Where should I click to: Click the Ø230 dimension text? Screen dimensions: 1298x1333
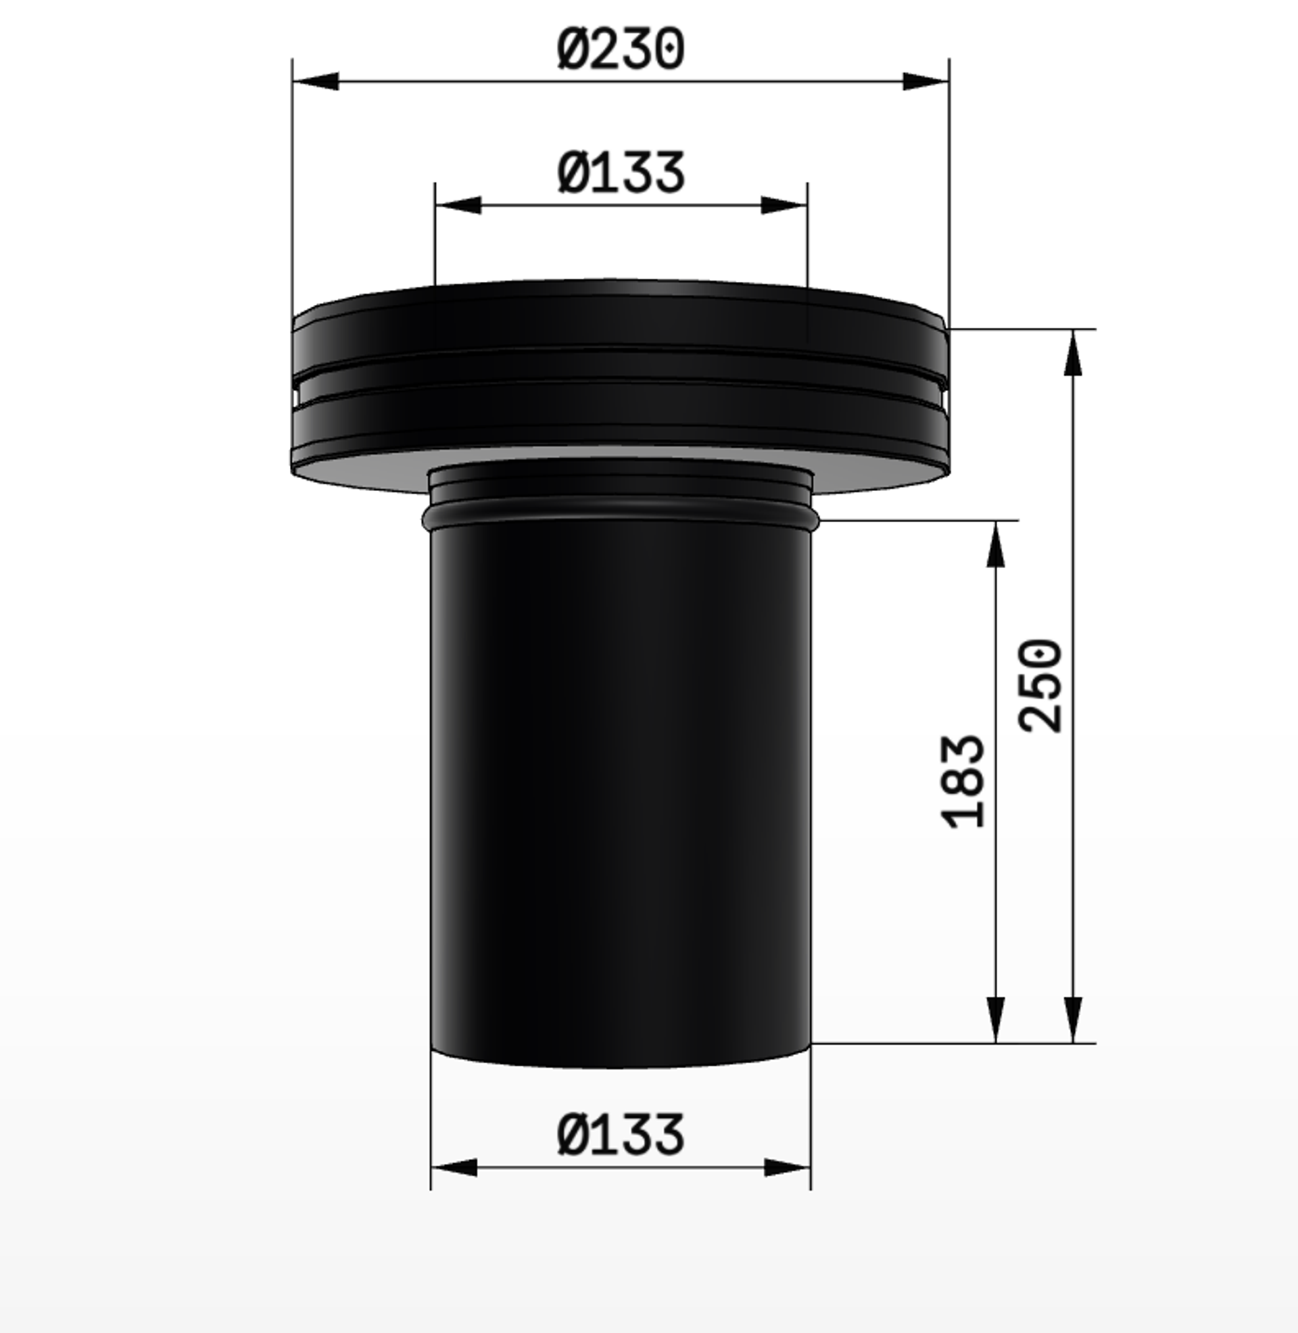[x=621, y=48]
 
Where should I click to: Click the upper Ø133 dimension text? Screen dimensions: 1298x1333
[x=621, y=172]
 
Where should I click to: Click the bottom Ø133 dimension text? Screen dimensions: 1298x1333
[x=621, y=1135]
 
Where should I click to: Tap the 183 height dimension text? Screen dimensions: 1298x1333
[x=963, y=781]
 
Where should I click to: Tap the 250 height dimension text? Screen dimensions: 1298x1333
[x=1040, y=685]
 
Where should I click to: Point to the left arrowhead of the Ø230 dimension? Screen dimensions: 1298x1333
[x=316, y=81]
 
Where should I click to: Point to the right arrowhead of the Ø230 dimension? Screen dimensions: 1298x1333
[x=926, y=81]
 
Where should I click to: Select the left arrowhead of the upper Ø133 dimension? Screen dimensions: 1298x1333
[x=458, y=204]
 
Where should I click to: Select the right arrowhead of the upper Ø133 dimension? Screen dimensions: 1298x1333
[x=784, y=204]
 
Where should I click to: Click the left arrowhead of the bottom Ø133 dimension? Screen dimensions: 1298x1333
[x=454, y=1167]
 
